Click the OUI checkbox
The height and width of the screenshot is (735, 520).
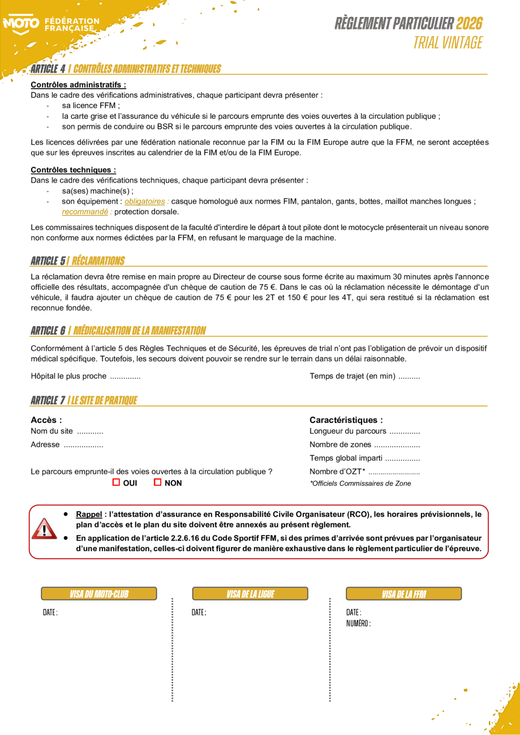(x=117, y=482)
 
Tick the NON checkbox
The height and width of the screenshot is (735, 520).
(x=158, y=482)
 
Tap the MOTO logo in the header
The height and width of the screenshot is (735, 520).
(x=22, y=24)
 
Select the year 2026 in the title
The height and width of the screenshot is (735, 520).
(x=469, y=24)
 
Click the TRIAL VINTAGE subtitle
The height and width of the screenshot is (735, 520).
(x=448, y=42)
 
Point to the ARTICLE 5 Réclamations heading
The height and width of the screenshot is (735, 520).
(x=78, y=261)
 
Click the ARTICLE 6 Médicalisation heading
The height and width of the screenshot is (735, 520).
(x=118, y=330)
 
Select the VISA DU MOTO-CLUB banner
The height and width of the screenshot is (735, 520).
(x=99, y=594)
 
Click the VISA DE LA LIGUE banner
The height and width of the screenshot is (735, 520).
(x=250, y=594)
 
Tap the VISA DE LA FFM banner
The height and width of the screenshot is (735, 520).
(x=403, y=594)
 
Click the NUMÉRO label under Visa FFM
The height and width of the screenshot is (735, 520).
(x=358, y=623)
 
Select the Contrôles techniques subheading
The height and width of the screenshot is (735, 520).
(x=74, y=170)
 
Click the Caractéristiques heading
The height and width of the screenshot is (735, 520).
(x=346, y=420)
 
